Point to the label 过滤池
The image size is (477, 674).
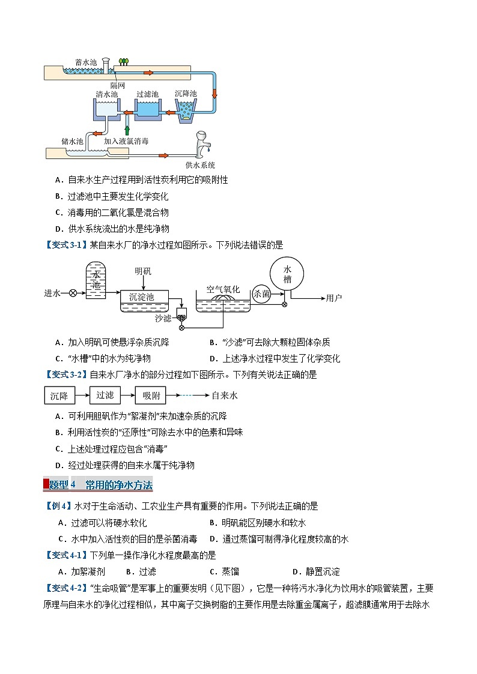point(147,94)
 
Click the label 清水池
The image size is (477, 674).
point(107,94)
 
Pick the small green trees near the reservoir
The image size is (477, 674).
point(124,61)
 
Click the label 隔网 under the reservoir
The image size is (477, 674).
point(109,85)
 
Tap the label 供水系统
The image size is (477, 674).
point(200,165)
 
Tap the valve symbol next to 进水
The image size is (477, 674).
point(73,293)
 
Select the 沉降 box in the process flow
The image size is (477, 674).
point(59,396)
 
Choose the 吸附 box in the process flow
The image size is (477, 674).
point(151,396)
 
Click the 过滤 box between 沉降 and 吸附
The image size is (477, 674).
point(105,395)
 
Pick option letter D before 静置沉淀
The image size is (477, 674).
point(295,572)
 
